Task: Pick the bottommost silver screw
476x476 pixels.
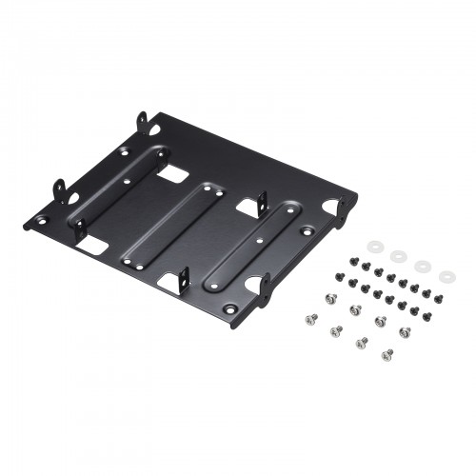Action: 387,357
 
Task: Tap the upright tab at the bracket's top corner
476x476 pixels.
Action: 144,121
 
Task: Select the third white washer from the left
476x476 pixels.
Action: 421,268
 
